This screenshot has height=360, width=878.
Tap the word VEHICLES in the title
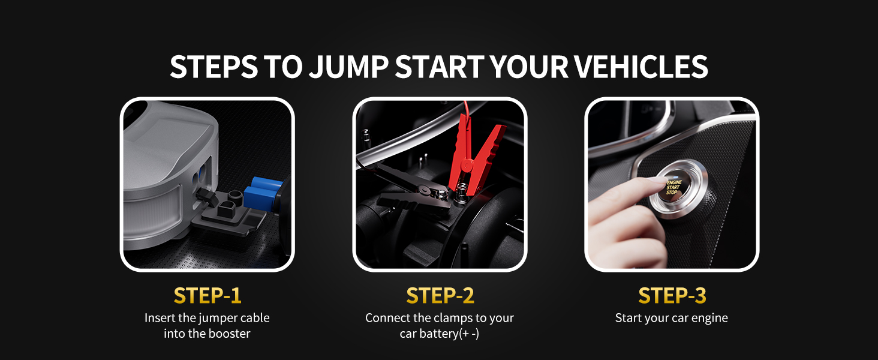pos(641,67)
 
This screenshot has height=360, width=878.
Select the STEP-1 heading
pos(208,296)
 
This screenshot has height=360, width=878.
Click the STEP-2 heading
pos(440,296)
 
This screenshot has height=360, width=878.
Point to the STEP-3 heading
pos(672,296)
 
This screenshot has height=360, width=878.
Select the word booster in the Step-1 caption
pos(228,334)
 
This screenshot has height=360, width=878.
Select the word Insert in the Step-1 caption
pos(160,318)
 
